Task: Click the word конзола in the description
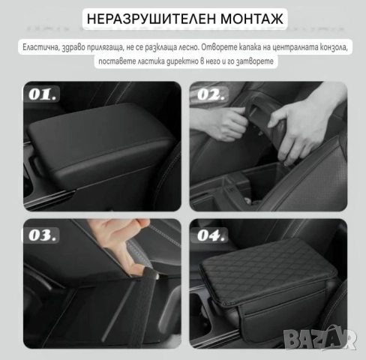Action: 331,47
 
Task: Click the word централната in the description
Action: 289,47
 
